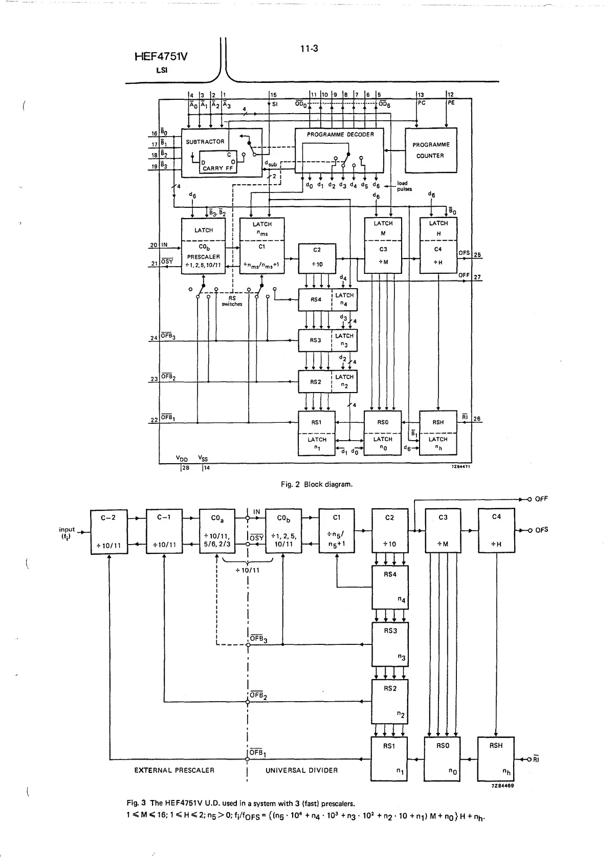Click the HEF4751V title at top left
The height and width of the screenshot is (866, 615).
(161, 56)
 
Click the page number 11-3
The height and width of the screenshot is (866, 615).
(309, 49)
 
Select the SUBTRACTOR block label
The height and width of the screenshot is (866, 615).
(205, 142)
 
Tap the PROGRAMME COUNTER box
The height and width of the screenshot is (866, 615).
(431, 150)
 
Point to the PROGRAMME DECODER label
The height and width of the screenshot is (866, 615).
(340, 135)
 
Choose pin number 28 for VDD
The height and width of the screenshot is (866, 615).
(185, 468)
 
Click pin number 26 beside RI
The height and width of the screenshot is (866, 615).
(477, 419)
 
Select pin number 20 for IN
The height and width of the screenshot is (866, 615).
(153, 245)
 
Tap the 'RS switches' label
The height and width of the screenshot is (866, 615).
(232, 301)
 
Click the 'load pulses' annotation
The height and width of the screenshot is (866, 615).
(403, 186)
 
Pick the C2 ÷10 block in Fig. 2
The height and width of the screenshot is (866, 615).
(317, 257)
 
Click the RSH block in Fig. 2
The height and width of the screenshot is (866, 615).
(438, 422)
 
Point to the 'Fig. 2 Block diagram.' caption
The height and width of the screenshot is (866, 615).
(317, 484)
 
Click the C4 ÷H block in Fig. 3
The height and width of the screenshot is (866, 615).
(496, 531)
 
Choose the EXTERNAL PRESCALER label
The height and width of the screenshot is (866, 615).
(174, 770)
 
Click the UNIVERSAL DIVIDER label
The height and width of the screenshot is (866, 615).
(302, 770)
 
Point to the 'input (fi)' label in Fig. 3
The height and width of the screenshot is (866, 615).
(67, 533)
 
